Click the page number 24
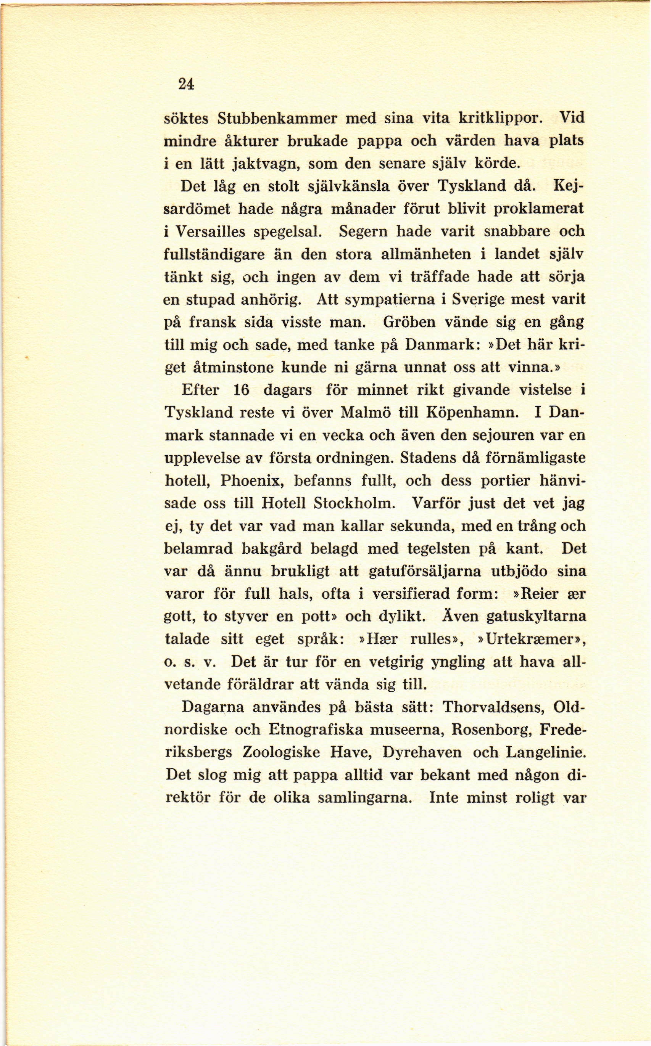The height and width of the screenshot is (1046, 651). click(186, 85)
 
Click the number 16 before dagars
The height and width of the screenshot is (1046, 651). click(241, 390)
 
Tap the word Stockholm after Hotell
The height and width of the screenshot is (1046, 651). click(354, 503)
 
